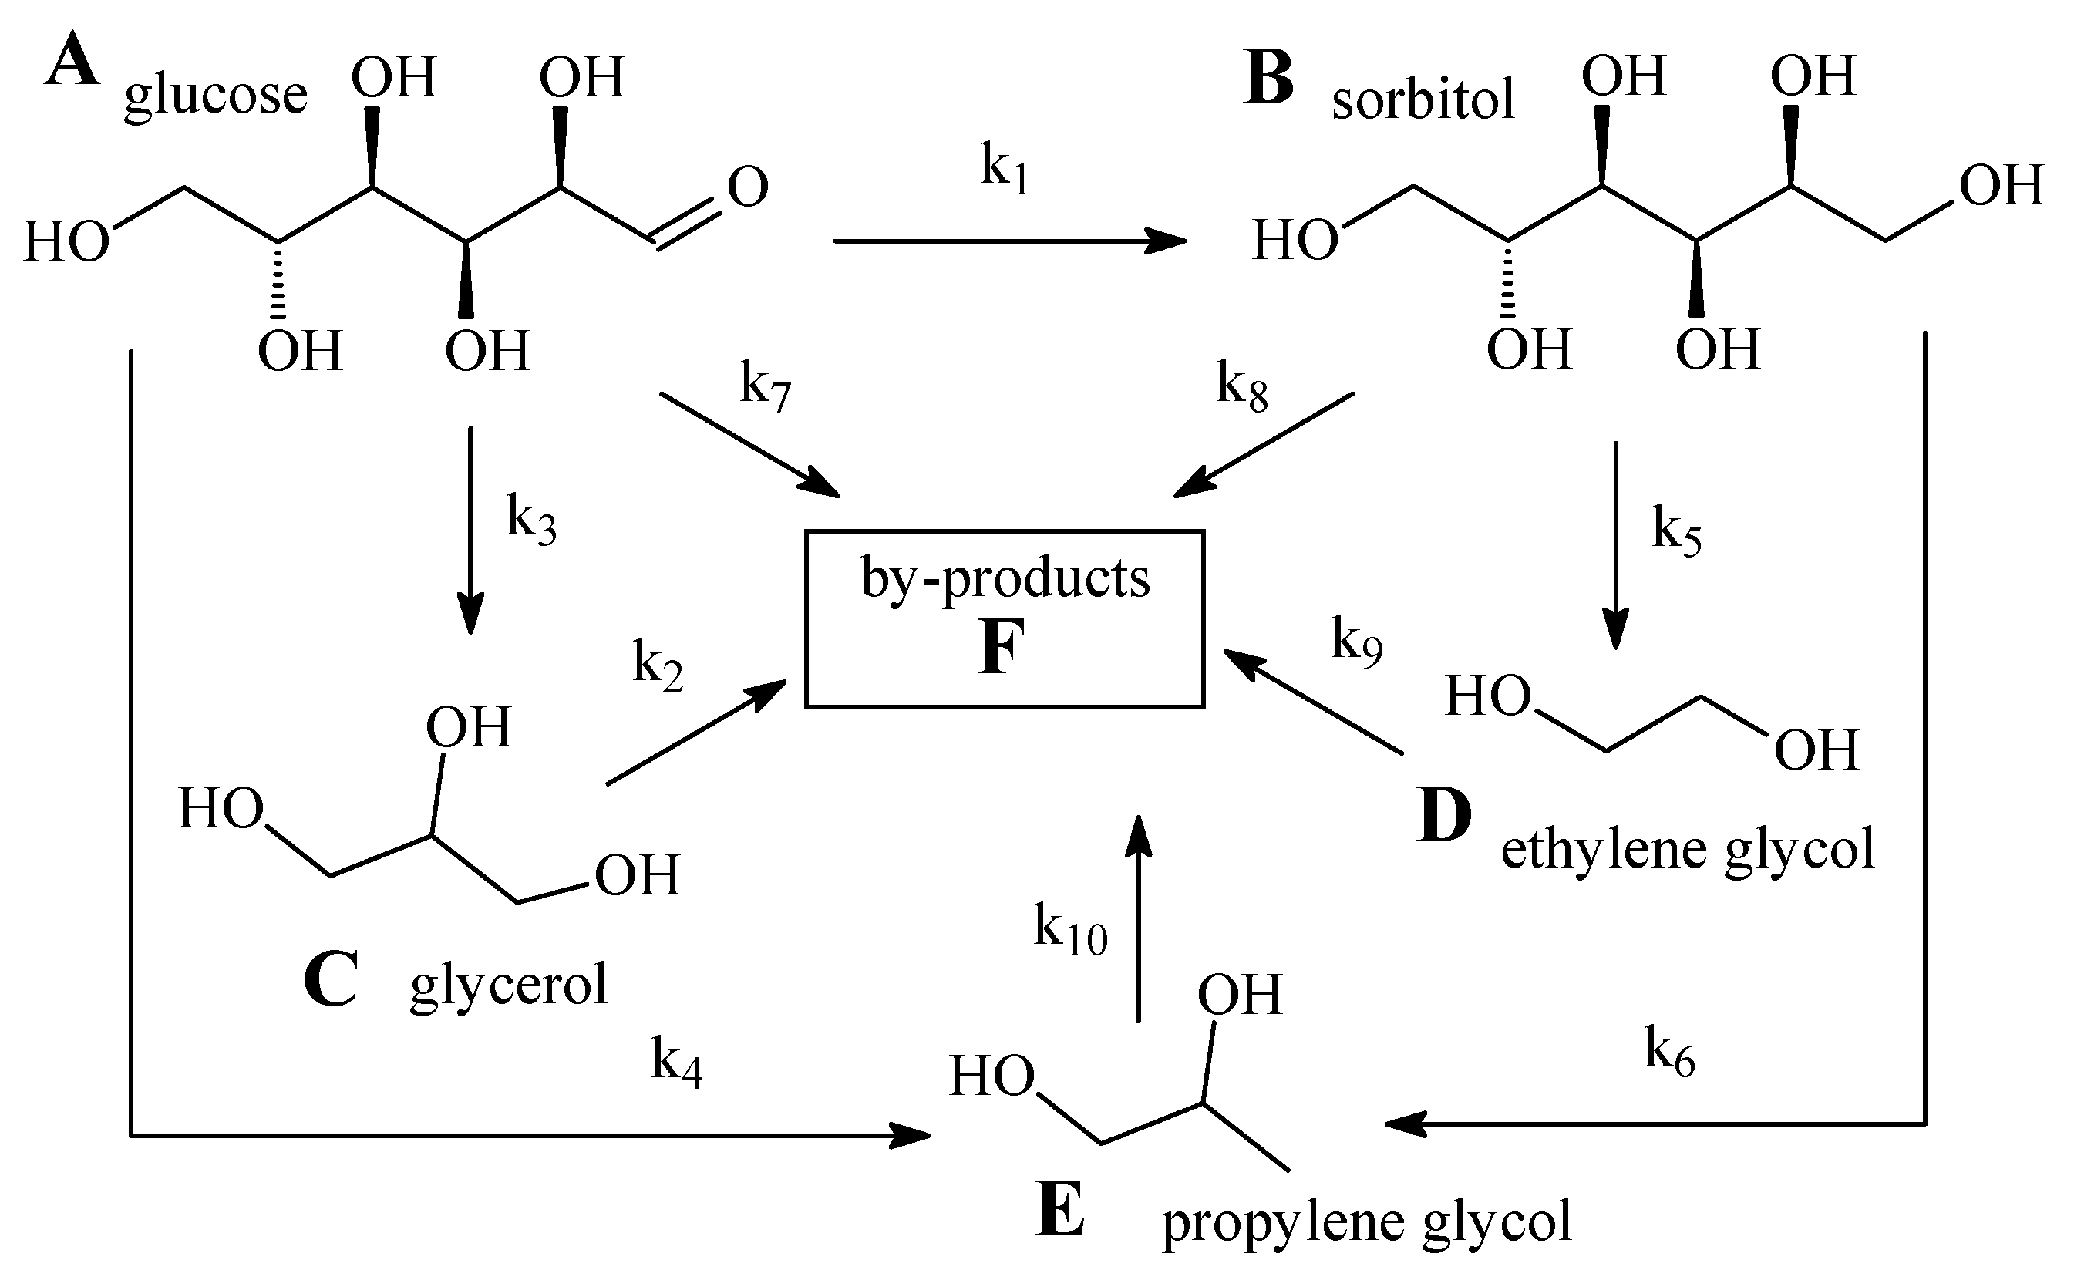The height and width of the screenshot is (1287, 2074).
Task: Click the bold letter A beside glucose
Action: (72, 63)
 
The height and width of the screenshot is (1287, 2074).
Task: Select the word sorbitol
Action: (1423, 99)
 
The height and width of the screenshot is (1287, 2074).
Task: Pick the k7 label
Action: (765, 386)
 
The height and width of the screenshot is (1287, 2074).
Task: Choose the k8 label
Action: (1241, 386)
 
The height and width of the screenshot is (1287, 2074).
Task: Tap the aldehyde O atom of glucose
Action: (747, 187)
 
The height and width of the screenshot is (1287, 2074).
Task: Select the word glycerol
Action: (509, 985)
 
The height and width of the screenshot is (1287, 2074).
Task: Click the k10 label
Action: (1069, 930)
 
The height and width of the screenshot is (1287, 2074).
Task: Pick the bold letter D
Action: (1443, 814)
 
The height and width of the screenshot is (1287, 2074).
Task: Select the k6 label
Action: (1669, 1053)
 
